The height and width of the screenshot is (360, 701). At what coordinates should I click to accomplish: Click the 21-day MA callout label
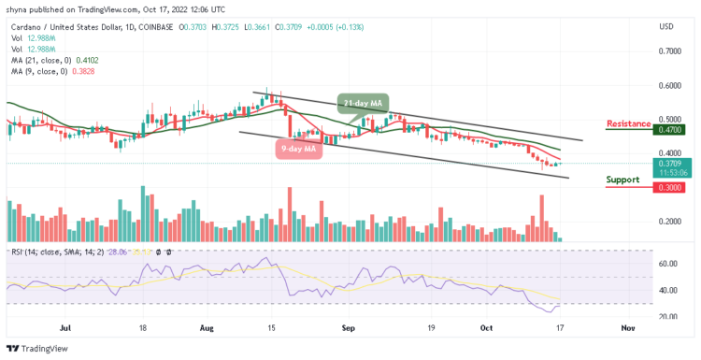coord(364,102)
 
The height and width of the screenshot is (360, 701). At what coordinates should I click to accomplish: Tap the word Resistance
coord(628,123)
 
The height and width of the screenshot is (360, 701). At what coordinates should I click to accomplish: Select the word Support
coord(622,180)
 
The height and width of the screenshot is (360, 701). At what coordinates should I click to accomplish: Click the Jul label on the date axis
coord(64,328)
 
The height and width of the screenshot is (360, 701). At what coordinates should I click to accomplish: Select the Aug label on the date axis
coord(207,328)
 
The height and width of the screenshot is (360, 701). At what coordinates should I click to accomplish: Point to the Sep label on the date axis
coord(349,328)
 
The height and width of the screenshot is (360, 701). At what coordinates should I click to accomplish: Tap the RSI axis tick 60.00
coord(665,264)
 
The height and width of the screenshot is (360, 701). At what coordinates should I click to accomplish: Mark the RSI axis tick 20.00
coord(665,316)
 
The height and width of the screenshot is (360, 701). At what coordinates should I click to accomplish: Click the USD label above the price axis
coord(666,26)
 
